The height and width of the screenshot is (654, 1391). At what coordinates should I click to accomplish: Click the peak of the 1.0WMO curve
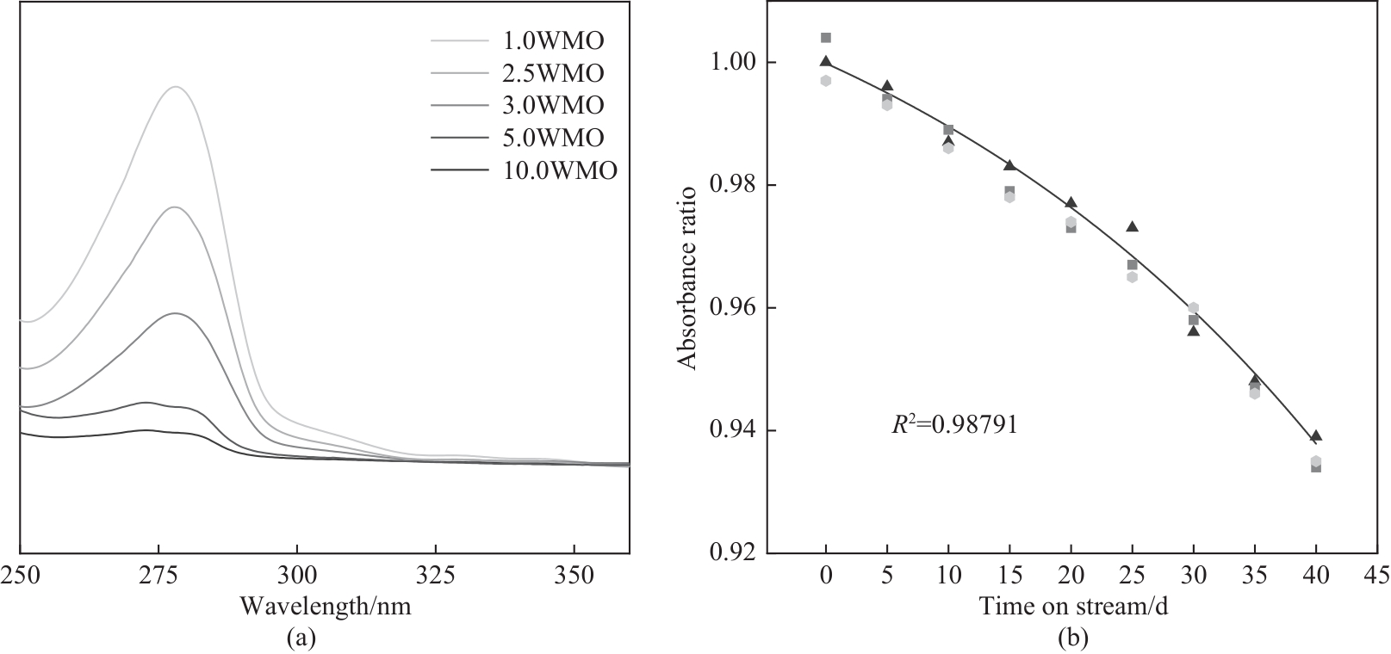tap(177, 87)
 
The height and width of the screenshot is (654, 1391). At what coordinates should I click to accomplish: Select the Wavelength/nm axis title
tap(326, 607)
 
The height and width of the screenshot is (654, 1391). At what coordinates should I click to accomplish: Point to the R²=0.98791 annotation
tap(954, 424)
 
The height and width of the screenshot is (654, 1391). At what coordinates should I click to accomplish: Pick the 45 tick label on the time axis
tap(1376, 574)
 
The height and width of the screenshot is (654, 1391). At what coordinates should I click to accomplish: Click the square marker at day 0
tap(826, 38)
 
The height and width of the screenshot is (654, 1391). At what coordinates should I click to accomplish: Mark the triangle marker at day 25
tap(1133, 226)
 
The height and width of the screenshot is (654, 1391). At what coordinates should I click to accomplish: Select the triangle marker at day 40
tap(1316, 435)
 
